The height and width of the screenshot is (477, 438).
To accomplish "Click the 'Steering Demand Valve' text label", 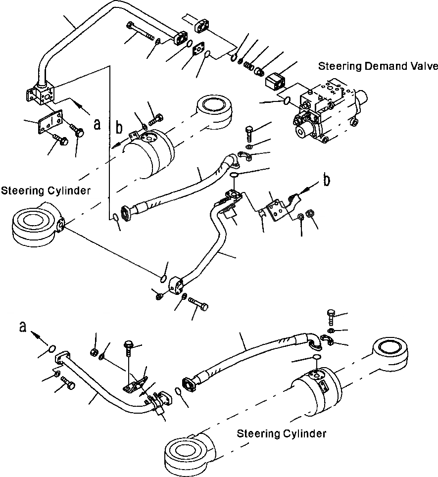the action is (x=378, y=66).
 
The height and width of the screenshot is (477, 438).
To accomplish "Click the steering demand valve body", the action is (x=330, y=111).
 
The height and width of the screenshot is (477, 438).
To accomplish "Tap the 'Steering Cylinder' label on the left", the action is (x=46, y=191).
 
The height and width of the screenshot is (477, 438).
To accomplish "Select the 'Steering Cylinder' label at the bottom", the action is (x=281, y=433).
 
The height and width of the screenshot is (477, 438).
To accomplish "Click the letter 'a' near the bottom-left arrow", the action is (x=22, y=327).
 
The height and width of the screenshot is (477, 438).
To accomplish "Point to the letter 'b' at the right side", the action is (x=326, y=181).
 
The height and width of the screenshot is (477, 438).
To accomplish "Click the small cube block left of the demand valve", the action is (x=275, y=81).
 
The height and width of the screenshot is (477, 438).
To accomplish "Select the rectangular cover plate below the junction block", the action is (x=50, y=122).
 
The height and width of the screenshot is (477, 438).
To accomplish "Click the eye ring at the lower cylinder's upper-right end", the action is (x=390, y=353).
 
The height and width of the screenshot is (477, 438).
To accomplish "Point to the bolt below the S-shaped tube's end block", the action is (x=198, y=304).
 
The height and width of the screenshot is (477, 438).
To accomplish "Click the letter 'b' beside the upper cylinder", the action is (x=119, y=128).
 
